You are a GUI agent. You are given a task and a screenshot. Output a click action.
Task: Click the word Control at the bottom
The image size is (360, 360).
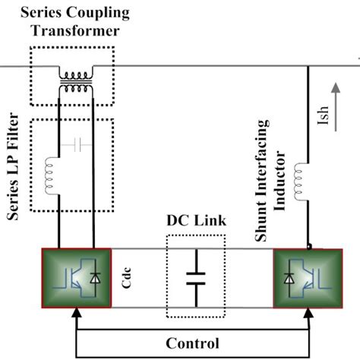coord(193,343)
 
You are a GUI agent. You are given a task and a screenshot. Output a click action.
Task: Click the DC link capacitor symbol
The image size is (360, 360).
coord(195,276)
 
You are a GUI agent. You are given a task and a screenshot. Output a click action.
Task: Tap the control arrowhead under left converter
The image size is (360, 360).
coord(75,311)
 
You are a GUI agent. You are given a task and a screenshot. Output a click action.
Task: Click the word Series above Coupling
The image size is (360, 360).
coord(39,13)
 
